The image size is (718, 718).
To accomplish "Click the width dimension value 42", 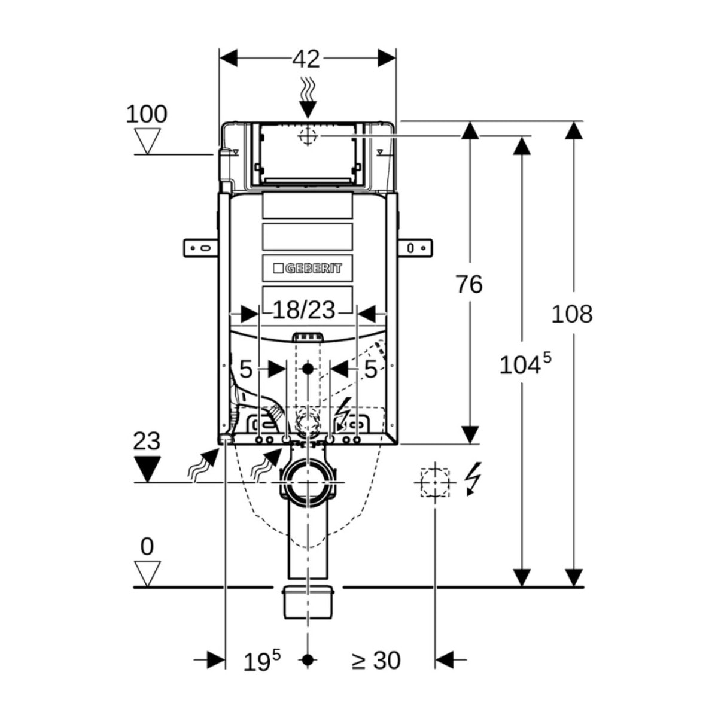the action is (x=306, y=59).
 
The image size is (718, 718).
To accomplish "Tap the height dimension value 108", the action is (x=571, y=314).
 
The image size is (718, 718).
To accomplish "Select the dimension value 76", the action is (x=469, y=284).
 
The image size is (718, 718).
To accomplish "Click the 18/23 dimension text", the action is (x=304, y=309).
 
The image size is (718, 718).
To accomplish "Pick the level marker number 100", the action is (x=147, y=114).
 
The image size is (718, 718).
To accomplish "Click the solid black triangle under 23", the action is (x=148, y=469).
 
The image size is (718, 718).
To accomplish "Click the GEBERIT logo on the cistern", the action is (x=308, y=268).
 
